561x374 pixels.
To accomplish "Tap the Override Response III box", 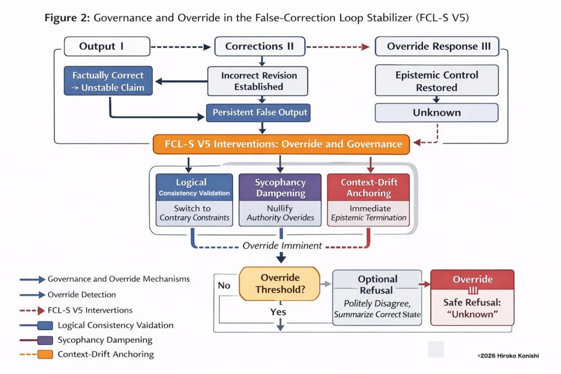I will coord(437,47).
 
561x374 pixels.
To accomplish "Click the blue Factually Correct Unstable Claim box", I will coord(108,81).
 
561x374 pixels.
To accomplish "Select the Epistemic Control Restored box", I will coord(437,80).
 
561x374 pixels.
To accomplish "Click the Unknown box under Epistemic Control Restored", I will coord(437,113).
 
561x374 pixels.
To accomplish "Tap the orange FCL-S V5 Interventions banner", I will coord(280,145).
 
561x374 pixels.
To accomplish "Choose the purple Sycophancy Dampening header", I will coord(280,187).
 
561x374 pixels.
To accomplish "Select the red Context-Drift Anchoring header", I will coord(368,187).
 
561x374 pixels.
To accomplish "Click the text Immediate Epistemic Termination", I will coord(368,213).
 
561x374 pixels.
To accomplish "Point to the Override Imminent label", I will coord(282,246).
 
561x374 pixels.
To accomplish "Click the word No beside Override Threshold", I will coord(224,285).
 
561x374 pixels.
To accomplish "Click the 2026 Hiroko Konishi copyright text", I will coord(508,356).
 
